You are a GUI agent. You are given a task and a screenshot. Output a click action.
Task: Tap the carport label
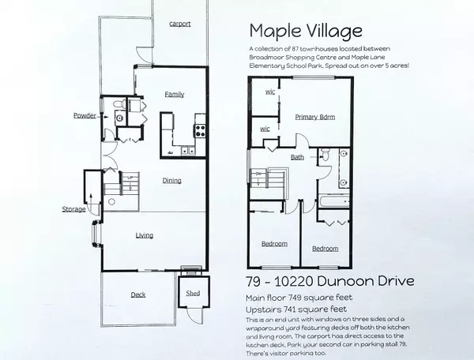pyautogui.click(x=180, y=24)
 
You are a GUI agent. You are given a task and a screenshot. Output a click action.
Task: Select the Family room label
pyautogui.click(x=174, y=94)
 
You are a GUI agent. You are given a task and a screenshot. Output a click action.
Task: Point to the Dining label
pyautogui.click(x=171, y=181)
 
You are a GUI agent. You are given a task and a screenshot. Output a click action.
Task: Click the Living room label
pyautogui.click(x=144, y=235)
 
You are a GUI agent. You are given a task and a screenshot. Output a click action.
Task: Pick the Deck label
pyautogui.click(x=137, y=295)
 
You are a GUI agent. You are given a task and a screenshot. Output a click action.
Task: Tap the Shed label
pyautogui.click(x=190, y=294)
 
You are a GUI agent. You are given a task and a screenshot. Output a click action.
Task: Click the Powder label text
pyautogui.click(x=85, y=115)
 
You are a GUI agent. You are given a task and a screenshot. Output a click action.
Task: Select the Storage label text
pyautogui.click(x=73, y=209)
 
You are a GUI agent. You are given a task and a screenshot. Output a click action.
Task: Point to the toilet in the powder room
pyautogui.click(x=118, y=104)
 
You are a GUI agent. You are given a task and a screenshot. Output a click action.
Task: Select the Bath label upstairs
pyautogui.click(x=297, y=156)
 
